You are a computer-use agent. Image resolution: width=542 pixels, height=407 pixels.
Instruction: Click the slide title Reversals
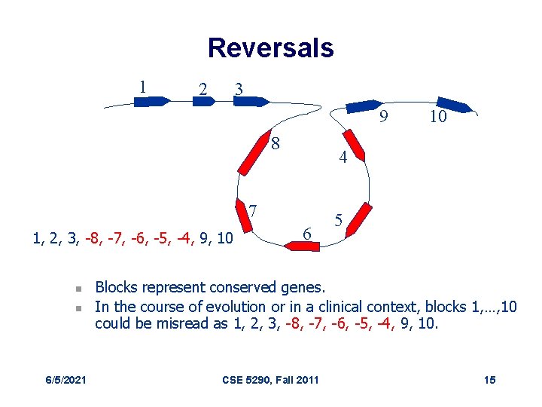[270, 47]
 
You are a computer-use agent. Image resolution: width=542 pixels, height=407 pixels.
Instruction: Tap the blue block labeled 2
[203, 101]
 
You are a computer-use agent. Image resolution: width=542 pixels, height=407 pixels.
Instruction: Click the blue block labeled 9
[364, 106]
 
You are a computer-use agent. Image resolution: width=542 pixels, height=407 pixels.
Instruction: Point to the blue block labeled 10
[454, 106]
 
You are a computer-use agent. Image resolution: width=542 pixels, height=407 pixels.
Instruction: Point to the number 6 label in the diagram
[306, 234]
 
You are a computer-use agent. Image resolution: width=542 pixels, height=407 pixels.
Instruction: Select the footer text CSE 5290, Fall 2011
[271, 379]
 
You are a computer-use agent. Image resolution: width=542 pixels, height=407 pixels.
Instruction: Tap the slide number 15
[489, 379]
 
